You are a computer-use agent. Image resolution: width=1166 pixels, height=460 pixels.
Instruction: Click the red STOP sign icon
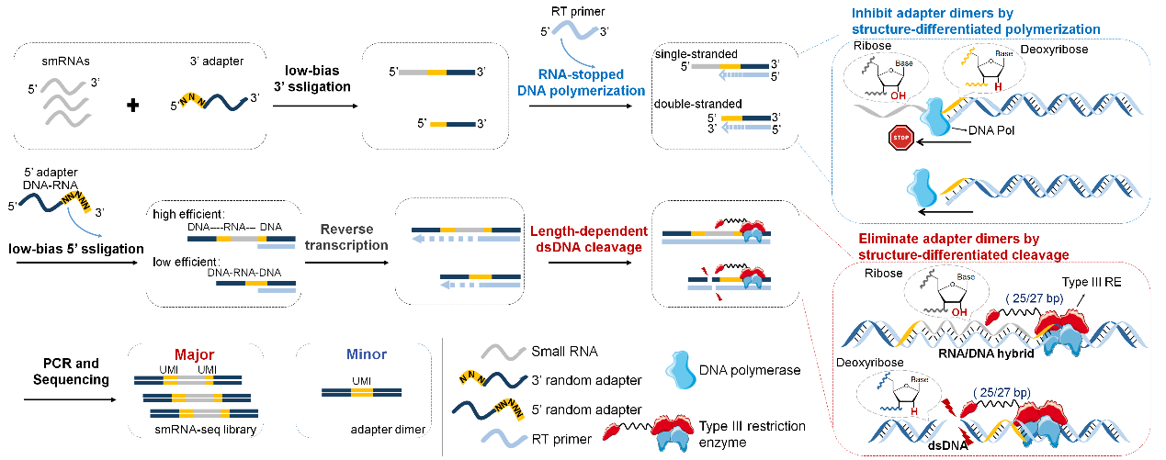898,139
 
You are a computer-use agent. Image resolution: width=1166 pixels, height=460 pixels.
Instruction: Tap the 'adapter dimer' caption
388,429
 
